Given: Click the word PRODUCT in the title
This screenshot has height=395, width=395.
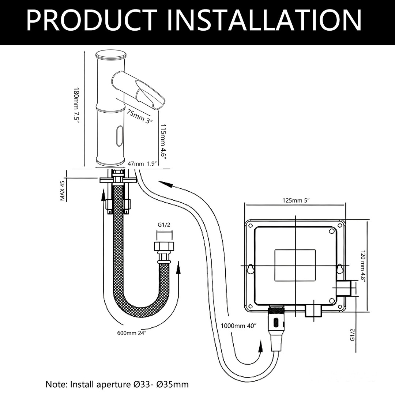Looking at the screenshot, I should coord(92,20).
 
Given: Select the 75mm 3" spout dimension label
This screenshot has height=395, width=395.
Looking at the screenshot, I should coord(139,117).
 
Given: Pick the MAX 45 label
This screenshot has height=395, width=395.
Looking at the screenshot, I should coord(63,191).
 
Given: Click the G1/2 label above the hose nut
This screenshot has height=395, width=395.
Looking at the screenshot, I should coord(164,225).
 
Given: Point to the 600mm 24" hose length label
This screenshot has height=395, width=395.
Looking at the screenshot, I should coord(132,333).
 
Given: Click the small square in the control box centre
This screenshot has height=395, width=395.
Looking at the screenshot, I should coord(295,265).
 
